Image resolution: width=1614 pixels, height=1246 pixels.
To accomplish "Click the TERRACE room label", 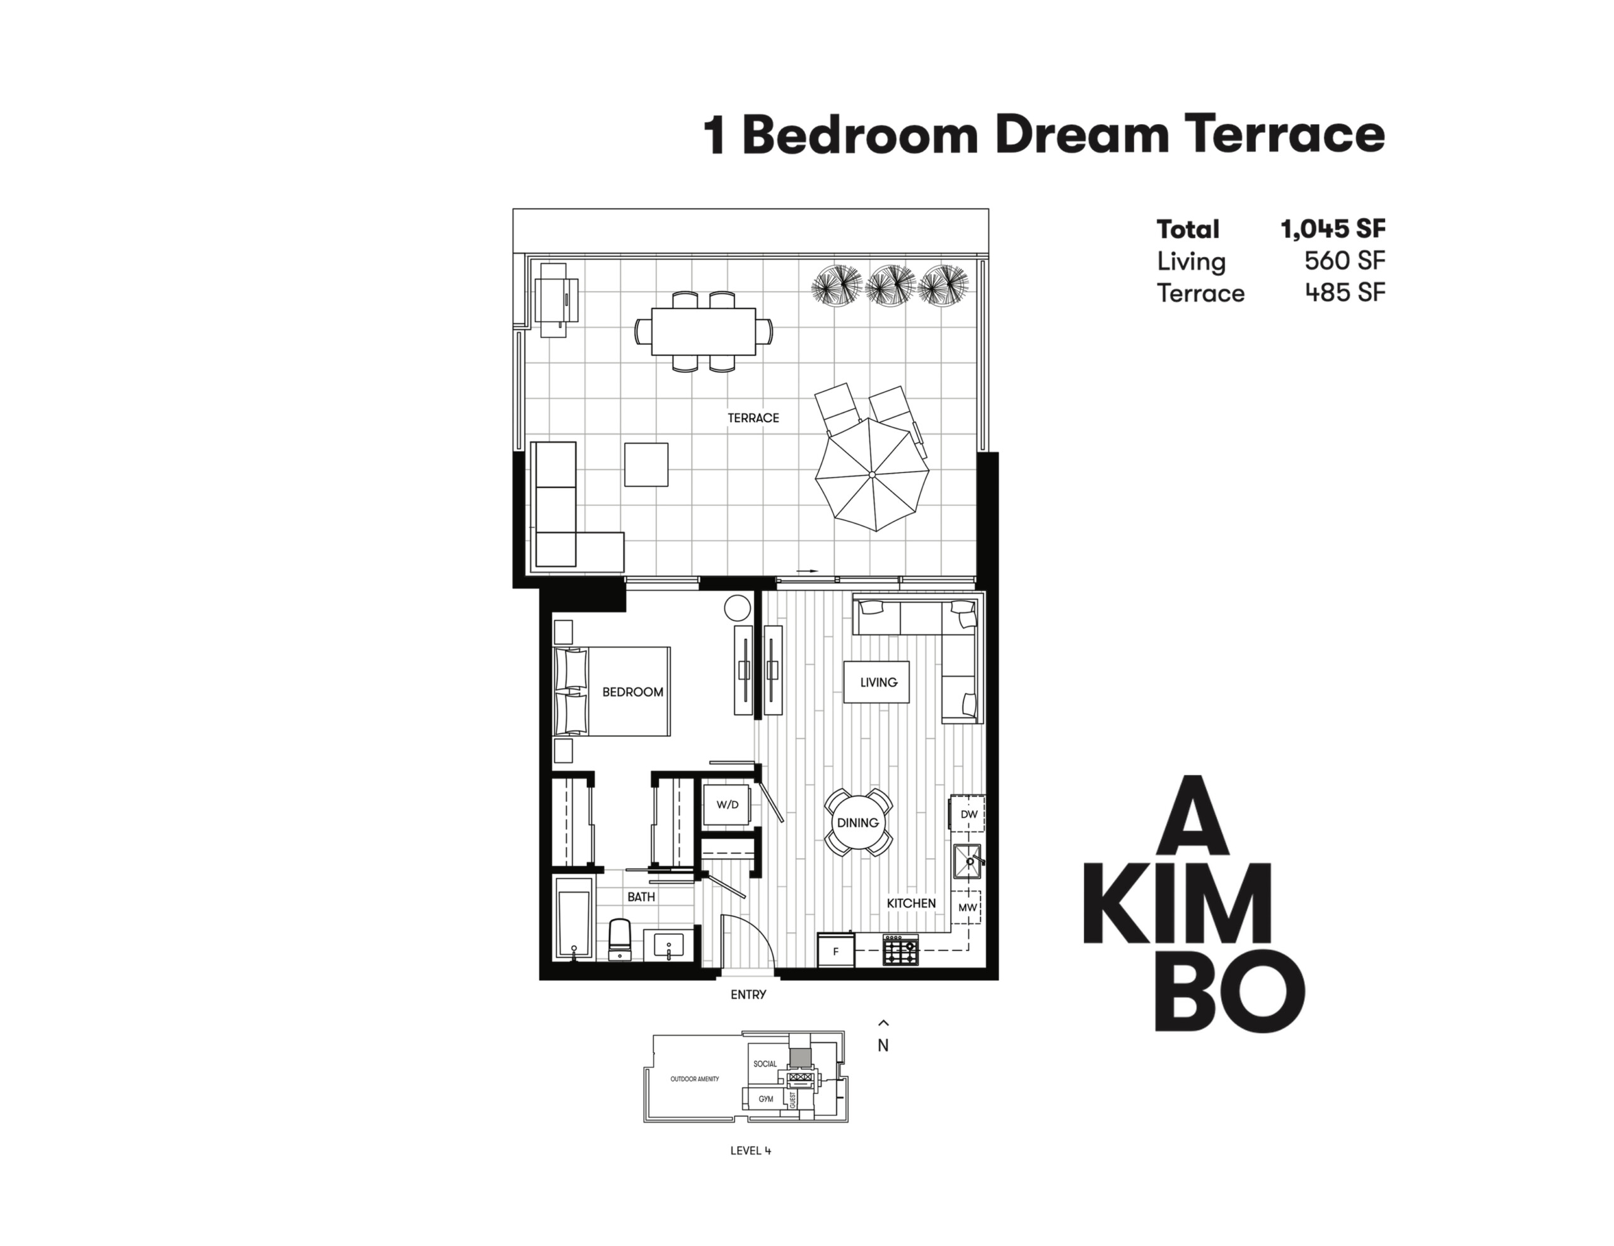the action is point(753,418).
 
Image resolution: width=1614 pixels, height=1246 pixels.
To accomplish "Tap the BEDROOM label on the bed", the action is point(632,692).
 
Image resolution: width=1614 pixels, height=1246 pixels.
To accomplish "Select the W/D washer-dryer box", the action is point(727,804).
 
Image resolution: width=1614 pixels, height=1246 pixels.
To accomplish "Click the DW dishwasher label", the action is point(969,814).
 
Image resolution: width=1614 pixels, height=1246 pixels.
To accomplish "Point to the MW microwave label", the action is point(968,907).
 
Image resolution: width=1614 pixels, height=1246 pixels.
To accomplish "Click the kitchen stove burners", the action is point(901,950).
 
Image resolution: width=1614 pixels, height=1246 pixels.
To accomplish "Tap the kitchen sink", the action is point(967,861).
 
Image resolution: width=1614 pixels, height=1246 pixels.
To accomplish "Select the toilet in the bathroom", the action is point(619,939).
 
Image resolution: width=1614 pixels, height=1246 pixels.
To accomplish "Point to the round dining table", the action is point(858,823).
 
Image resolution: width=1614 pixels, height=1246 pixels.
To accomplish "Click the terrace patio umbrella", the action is point(872,474).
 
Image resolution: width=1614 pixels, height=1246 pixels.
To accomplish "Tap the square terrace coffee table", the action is point(647,464).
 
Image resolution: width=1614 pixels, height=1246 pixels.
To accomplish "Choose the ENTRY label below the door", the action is point(748,995).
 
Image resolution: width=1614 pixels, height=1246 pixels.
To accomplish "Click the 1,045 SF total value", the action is point(1333,229).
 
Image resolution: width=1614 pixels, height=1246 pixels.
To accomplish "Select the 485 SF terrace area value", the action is point(1345,293).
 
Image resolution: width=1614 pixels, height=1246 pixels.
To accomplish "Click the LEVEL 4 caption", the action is point(751,1151).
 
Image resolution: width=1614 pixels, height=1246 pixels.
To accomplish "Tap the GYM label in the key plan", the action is point(765,1099).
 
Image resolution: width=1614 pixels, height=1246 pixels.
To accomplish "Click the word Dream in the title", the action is point(1082,135).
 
